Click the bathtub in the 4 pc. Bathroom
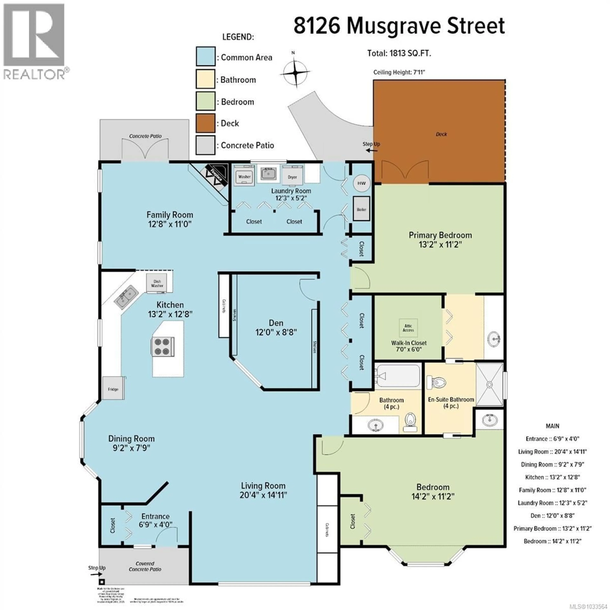click(398, 376)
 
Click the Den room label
click(276, 323)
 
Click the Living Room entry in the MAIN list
click(552, 451)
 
